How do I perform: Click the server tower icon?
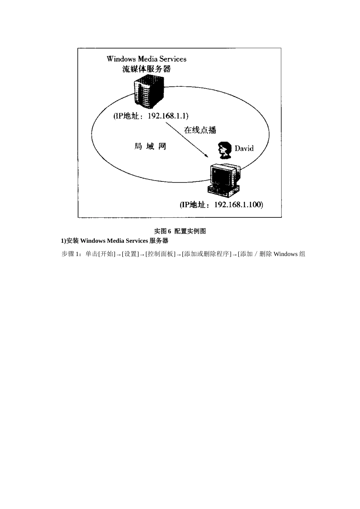coord(149,92)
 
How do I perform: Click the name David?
coord(244,148)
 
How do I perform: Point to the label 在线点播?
coord(200,130)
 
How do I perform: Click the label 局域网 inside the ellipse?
coord(150,146)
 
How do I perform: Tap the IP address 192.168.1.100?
coord(238,205)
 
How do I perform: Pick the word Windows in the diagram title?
coord(121,59)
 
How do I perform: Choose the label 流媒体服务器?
coord(146,69)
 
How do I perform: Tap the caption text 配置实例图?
coord(190,231)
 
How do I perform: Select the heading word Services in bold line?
coord(134,241)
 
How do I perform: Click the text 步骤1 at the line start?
coord(71,254)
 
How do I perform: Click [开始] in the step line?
coord(107,254)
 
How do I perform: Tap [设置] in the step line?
coord(130,254)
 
